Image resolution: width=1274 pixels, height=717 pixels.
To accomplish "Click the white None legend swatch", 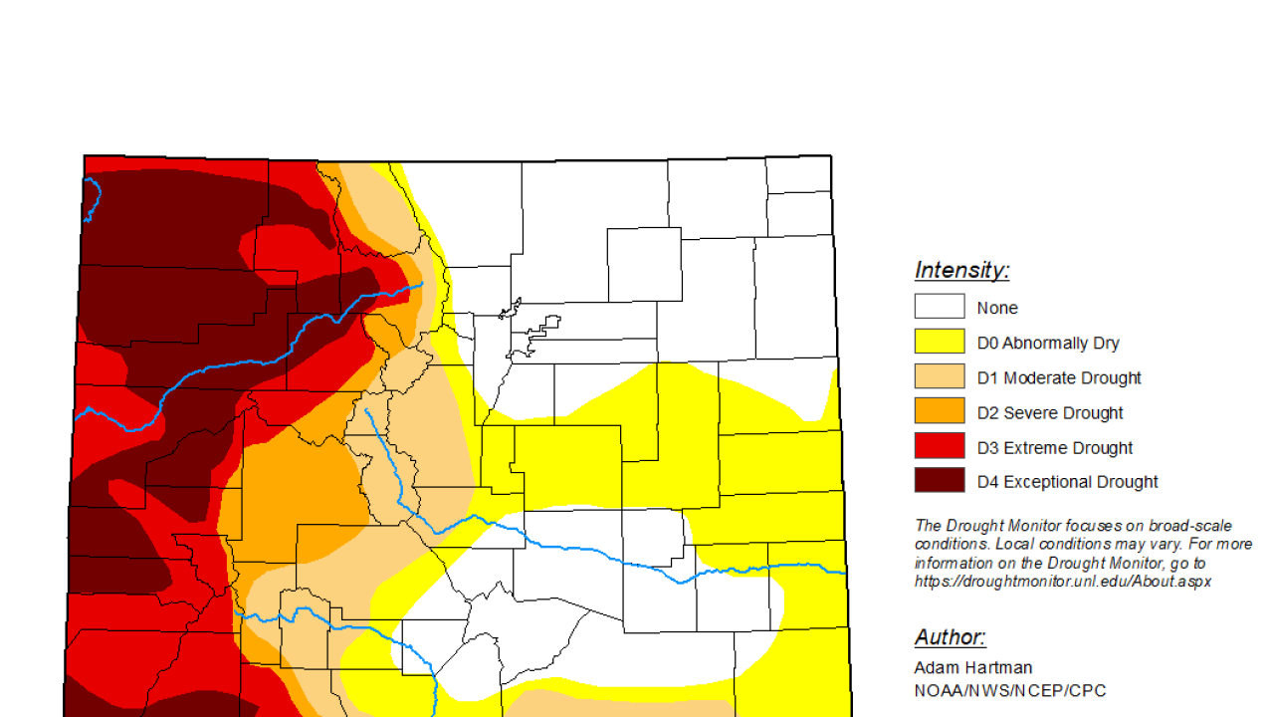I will pos(940,307).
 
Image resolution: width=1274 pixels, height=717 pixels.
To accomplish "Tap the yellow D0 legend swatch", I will pos(940,342).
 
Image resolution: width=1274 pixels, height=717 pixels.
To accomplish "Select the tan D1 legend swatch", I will pos(940,376).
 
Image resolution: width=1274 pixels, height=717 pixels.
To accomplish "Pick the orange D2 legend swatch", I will pos(940,411).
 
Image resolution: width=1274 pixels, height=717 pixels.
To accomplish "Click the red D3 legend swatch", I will pos(940,446).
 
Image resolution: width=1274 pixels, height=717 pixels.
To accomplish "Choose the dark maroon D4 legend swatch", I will pos(940,480).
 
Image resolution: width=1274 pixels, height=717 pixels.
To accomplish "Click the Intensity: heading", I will pos(961,270).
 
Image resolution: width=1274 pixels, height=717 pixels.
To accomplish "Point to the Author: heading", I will pos(950,637).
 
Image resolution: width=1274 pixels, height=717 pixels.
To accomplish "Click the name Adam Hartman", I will pos(972,667).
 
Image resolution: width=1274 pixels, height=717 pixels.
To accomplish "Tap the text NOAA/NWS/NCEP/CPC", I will pos(1009,690).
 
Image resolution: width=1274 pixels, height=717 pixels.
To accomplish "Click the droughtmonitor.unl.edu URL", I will pos(1062,582).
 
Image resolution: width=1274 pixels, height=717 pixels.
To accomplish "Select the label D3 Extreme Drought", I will pos(1055,448).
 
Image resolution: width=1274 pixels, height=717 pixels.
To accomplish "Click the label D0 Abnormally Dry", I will pos(1048,343).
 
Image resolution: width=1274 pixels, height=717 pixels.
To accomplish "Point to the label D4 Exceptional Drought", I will pos(1067,482).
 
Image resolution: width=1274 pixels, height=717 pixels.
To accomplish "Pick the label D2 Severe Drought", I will pos(1050,412).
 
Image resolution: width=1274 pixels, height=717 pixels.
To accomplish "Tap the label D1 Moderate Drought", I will pos(1059,377).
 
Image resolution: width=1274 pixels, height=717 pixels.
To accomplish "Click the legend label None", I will pos(997,309).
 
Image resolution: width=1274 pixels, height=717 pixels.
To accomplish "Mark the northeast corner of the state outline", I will pos(830,156).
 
